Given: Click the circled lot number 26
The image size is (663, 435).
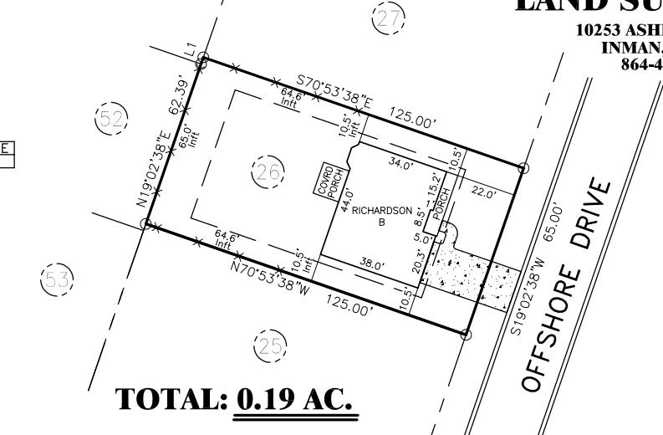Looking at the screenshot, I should pyautogui.click(x=268, y=173).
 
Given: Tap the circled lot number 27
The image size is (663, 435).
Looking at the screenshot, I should pyautogui.click(x=386, y=18).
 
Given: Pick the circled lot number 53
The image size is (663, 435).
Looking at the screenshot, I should pyautogui.click(x=57, y=279).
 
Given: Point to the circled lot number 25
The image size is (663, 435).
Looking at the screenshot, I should pyautogui.click(x=269, y=345).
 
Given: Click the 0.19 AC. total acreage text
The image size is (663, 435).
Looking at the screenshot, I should pyautogui.click(x=297, y=400).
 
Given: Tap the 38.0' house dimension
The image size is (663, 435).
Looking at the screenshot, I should pyautogui.click(x=372, y=265).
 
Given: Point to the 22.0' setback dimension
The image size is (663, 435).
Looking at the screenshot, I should pyautogui.click(x=484, y=192).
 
